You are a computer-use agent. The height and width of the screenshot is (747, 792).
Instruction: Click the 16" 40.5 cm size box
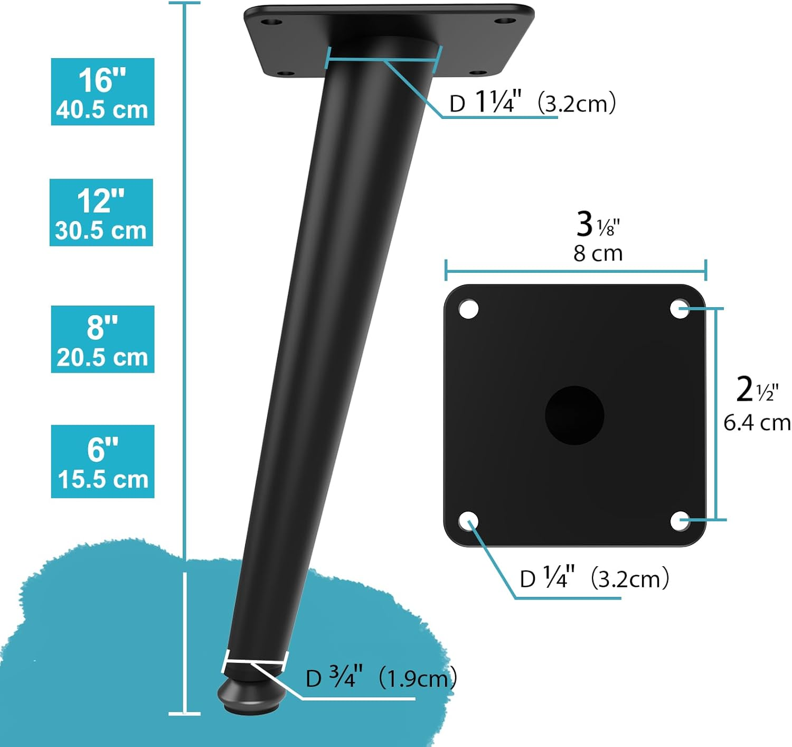102,92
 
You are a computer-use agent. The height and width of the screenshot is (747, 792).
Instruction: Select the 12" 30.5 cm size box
101,213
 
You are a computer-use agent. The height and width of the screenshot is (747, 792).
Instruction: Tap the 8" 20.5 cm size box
102,339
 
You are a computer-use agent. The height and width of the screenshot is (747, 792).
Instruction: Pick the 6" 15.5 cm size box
102,462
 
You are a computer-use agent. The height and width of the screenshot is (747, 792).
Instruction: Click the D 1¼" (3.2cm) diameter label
532,102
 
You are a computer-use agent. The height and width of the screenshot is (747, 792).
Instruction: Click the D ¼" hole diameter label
594,578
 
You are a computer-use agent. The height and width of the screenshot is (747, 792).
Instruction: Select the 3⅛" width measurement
597,224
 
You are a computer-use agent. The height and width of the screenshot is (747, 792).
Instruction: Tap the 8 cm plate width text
598,254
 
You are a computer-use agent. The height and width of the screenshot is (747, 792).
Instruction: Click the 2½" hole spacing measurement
757,390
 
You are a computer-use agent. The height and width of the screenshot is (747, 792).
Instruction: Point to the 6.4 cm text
757,423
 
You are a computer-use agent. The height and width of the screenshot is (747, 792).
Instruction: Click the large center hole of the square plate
574,415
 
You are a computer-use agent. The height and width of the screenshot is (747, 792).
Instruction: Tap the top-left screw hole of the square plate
468,309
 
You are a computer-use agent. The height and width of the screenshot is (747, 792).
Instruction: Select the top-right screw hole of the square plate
680,309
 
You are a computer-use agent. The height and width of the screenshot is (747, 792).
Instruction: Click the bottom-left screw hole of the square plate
468,521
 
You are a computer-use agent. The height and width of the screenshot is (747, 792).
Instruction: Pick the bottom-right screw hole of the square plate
680,521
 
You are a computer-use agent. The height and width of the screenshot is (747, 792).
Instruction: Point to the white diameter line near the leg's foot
256,661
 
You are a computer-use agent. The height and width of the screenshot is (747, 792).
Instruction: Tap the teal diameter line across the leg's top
383,59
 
